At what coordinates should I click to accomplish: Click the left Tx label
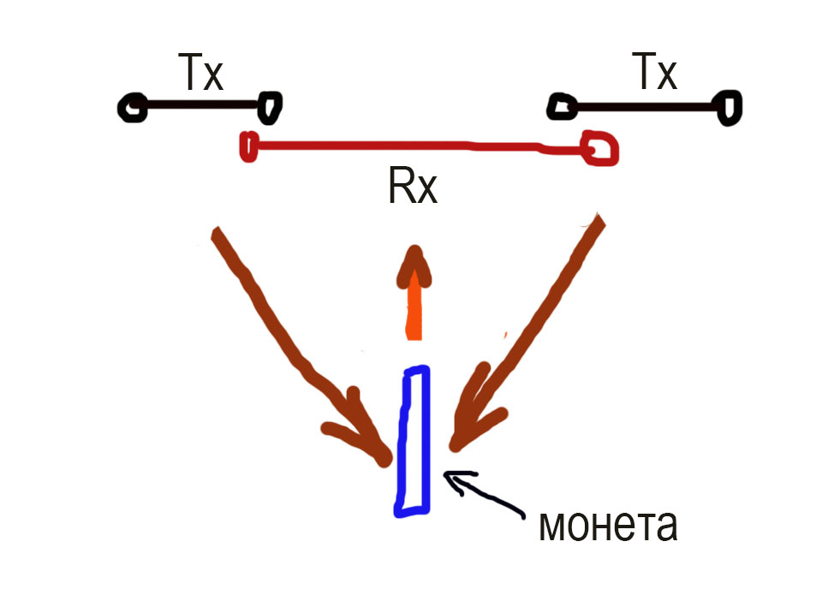[200, 74]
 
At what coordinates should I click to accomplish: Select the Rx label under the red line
[413, 188]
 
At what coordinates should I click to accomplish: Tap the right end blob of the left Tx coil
[269, 107]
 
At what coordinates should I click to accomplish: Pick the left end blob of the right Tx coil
[562, 106]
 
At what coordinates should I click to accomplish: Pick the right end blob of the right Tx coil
[730, 108]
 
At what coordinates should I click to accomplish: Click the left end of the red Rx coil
[248, 146]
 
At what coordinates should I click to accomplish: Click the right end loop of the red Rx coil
[599, 147]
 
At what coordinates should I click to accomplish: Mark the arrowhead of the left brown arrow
[368, 437]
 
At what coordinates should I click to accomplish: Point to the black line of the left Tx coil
[200, 106]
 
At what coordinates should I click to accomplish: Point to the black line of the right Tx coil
[646, 107]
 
